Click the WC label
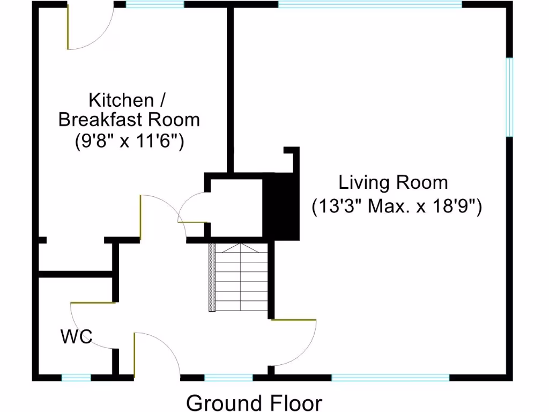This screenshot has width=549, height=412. tap(76, 337)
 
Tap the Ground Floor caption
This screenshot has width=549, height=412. tap(254, 402)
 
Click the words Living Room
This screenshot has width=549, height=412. tap(393, 182)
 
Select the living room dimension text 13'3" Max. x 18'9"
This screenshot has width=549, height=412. tap(397, 206)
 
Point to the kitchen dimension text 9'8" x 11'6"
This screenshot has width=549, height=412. tap(129, 142)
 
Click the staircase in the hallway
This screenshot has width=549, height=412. tap(240, 277)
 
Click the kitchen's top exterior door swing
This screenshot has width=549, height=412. tap(88, 27)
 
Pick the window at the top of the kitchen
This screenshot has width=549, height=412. tap(155, 4)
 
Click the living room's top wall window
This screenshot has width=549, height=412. tap(370, 4)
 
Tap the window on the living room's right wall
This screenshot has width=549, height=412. tap(510, 97)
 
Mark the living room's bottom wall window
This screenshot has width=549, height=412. tap(390, 378)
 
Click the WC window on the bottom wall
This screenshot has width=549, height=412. tap(76, 378)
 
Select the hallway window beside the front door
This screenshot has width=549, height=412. tap(228, 378)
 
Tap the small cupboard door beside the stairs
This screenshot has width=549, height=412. tap(190, 212)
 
